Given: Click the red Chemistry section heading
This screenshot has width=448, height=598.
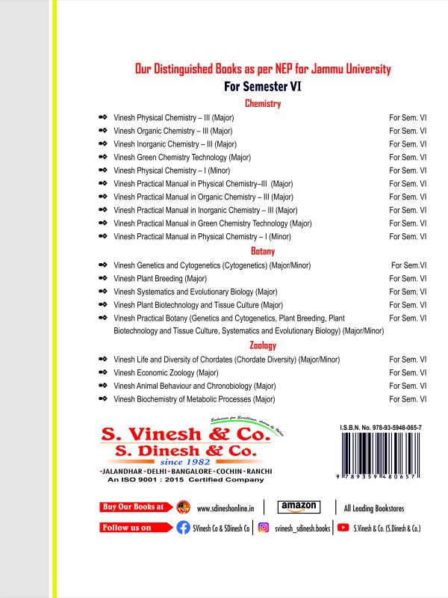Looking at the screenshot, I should [x=262, y=104].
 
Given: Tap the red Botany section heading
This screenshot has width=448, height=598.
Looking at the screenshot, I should [x=264, y=251].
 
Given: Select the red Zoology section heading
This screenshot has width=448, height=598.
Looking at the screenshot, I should [x=263, y=345].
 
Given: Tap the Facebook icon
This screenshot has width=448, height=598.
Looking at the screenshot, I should [x=183, y=528].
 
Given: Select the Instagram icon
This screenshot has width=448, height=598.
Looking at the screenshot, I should [x=263, y=528].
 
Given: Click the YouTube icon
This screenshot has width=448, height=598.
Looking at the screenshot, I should [x=343, y=528].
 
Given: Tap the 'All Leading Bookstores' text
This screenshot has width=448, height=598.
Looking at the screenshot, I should [x=374, y=508].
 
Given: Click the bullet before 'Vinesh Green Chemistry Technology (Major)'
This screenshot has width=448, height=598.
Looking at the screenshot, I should [x=103, y=157].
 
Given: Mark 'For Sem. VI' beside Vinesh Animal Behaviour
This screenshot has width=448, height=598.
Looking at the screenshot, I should [x=408, y=386].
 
